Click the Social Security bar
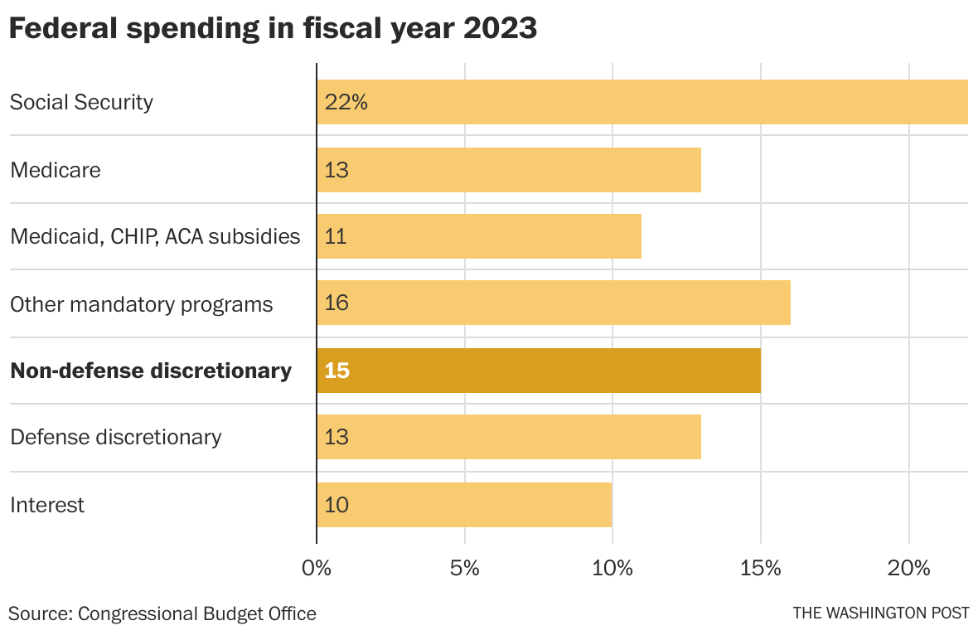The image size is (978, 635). pos(642,102)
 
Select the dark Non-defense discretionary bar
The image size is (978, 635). pos(539,371)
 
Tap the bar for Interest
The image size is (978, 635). pos(464,505)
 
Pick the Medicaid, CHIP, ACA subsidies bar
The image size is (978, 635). pos(479,236)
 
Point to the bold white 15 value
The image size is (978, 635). pos(337,371)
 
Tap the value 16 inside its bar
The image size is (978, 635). pos(336,303)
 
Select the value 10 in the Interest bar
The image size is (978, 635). pos(336,505)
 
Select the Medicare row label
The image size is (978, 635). pos(56,170)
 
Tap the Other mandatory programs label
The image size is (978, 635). pos(141,304)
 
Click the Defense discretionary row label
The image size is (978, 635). pos(115,437)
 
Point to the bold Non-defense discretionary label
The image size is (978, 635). pos(151,371)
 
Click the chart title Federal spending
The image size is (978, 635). pos(274,29)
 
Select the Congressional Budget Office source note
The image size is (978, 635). pos(162,613)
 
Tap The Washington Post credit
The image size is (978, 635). pos(880,613)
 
